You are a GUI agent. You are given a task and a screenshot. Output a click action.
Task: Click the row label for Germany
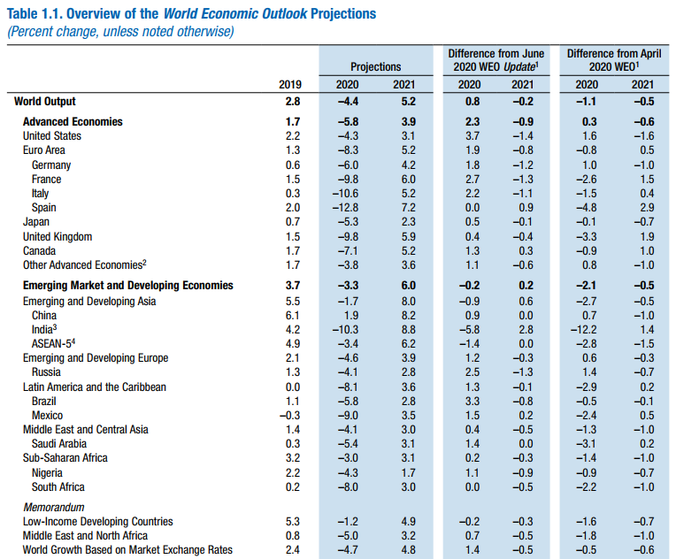tap(50, 165)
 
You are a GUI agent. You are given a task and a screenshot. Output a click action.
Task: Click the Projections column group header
tap(375, 66)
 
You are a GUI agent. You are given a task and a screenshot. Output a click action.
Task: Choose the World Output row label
tap(45, 102)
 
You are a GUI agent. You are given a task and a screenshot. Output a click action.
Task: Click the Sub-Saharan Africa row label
tap(65, 458)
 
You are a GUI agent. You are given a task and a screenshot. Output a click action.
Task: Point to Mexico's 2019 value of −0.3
tap(291, 415)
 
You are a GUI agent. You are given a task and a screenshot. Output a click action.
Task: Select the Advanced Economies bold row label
tap(73, 121)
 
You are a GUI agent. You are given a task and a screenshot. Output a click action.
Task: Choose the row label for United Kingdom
tap(57, 237)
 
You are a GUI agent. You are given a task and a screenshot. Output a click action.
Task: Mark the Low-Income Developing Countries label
tap(97, 522)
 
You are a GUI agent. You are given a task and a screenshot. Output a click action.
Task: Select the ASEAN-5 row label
tap(55, 343)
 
